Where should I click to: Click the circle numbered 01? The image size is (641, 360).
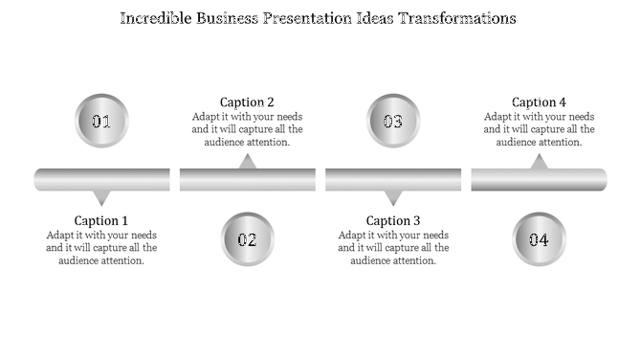pyautogui.click(x=101, y=122)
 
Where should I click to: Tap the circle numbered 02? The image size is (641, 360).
pyautogui.click(x=247, y=239)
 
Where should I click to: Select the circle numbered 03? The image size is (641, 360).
pyautogui.click(x=393, y=122)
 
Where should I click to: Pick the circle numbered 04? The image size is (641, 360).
pyautogui.click(x=539, y=239)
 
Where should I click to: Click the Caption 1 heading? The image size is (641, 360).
pyautogui.click(x=101, y=220)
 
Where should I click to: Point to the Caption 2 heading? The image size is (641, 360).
pyautogui.click(x=247, y=102)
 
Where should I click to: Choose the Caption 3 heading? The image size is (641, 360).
pyautogui.click(x=393, y=220)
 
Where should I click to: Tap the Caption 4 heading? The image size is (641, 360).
pyautogui.click(x=539, y=102)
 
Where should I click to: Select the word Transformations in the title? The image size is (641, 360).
pyautogui.click(x=456, y=18)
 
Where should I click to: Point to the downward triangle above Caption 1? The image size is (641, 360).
pyautogui.click(x=101, y=197)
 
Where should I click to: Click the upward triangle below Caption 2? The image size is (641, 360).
pyautogui.click(x=247, y=163)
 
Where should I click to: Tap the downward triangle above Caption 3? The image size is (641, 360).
pyautogui.click(x=393, y=197)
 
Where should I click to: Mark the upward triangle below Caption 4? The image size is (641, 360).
pyautogui.click(x=539, y=163)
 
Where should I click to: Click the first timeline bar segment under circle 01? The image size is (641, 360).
pyautogui.click(x=101, y=179)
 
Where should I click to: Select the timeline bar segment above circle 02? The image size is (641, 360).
pyautogui.click(x=247, y=179)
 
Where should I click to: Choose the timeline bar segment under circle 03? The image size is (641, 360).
pyautogui.click(x=393, y=179)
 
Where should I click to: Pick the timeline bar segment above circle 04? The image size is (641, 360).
pyautogui.click(x=539, y=179)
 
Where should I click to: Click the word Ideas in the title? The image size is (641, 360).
pyautogui.click(x=372, y=18)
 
